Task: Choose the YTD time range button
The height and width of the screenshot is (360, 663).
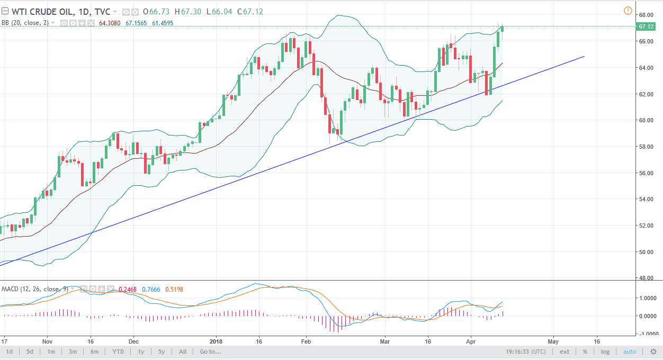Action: coord(118,352)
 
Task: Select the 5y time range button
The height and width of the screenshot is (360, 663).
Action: coord(161,352)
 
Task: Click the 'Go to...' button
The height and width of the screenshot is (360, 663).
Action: coord(211,352)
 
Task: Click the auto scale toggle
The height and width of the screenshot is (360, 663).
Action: coord(629,352)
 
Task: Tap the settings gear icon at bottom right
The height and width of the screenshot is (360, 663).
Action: coord(653,352)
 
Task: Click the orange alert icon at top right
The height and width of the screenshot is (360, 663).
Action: coord(628,11)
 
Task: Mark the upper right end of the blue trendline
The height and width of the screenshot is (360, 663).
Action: coord(585,56)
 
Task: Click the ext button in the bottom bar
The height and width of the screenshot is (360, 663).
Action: coord(565,352)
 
